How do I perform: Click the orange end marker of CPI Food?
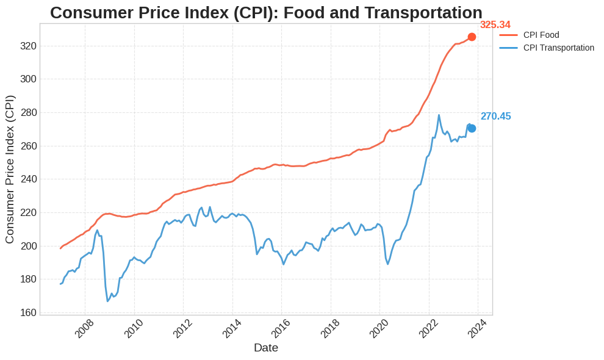tap(472, 37)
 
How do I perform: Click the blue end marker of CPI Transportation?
tap(472, 128)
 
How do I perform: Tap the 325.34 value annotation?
tap(495, 25)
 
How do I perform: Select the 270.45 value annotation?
tap(495, 117)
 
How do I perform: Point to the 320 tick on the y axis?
tap(28, 46)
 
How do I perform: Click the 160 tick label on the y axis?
tap(28, 312)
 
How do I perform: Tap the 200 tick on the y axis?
tap(28, 246)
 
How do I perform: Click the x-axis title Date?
tap(266, 348)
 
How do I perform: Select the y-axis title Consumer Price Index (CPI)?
tap(10, 169)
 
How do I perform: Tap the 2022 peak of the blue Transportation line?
tap(439, 115)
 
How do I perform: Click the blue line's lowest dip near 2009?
tap(108, 301)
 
